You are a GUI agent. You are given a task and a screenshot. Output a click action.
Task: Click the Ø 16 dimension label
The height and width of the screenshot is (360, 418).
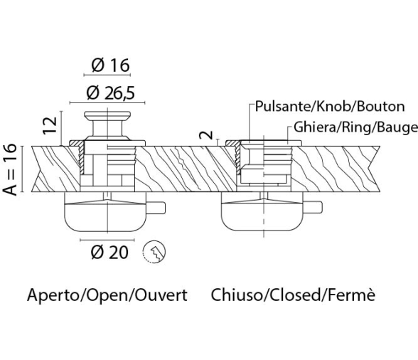[110, 65]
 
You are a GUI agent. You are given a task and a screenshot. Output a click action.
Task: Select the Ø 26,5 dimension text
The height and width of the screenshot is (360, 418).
[111, 93]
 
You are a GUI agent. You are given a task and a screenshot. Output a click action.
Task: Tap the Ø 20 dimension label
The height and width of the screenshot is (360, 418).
[109, 252]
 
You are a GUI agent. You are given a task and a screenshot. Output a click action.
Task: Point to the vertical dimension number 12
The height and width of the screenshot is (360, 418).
[50, 125]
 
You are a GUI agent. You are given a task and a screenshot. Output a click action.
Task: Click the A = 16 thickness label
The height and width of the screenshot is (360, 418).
[10, 170]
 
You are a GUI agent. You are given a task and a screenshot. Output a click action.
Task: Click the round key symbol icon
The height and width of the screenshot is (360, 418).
[154, 252]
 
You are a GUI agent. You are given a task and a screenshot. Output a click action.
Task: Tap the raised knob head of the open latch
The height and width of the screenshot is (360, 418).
[107, 115]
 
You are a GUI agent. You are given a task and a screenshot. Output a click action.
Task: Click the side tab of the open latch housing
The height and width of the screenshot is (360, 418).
[156, 208]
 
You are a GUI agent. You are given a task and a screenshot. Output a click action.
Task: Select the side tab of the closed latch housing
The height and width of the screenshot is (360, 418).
[313, 208]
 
